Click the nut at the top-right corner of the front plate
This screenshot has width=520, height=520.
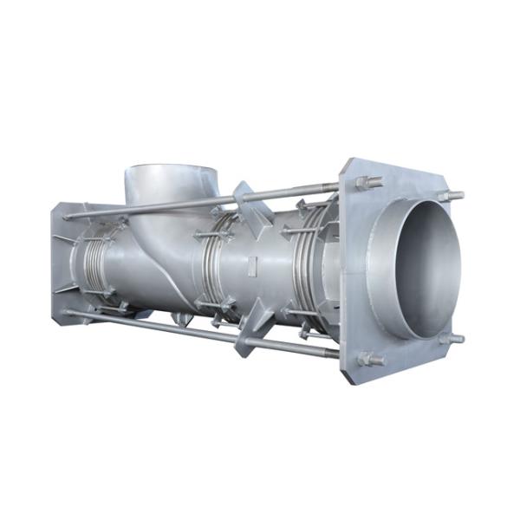[x=451, y=196]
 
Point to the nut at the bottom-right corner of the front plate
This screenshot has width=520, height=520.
[x=451, y=338]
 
